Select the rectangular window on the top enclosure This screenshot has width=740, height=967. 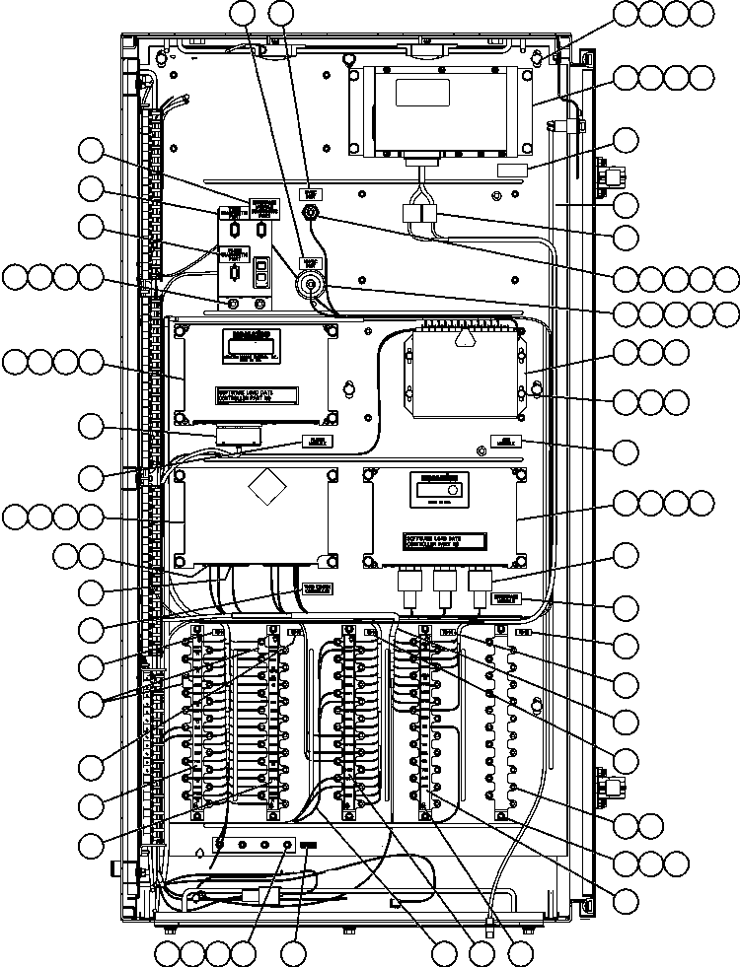point(421,93)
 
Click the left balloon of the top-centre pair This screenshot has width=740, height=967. point(244,13)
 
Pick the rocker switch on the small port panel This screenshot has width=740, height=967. point(260,272)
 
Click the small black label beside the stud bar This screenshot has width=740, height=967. point(309,846)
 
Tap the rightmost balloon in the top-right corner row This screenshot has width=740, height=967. point(701,13)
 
